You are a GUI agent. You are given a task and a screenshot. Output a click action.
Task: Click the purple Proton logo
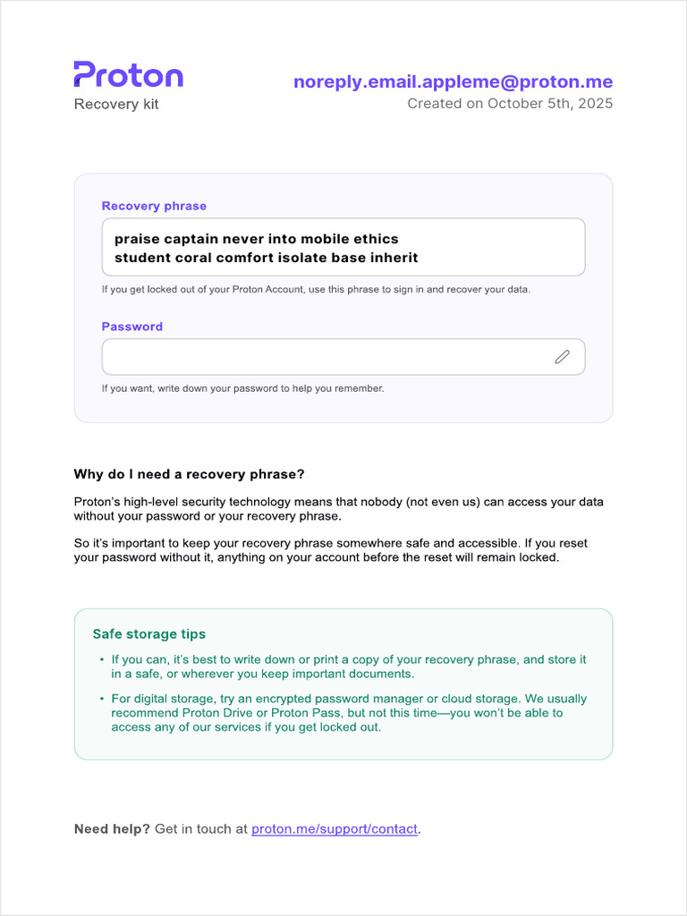(x=128, y=75)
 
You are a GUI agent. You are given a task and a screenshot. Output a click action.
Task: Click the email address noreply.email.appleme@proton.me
(x=453, y=82)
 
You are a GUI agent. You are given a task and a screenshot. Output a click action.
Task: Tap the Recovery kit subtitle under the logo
(x=116, y=105)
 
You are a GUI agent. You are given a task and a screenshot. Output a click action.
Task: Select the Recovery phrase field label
(x=154, y=206)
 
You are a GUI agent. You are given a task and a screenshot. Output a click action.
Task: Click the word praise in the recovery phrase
(x=135, y=239)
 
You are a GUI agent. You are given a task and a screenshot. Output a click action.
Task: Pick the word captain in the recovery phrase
(x=190, y=239)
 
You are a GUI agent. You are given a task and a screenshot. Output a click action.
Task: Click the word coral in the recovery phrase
(x=196, y=258)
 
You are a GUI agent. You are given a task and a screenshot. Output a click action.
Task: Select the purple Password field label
(x=132, y=327)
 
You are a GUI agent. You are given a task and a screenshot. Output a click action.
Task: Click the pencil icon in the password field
(x=562, y=357)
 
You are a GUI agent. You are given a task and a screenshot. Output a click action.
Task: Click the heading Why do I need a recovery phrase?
(x=190, y=474)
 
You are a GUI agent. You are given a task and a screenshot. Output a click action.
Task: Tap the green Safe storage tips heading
(x=149, y=634)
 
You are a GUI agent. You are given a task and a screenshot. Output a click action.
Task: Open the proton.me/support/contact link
(x=335, y=829)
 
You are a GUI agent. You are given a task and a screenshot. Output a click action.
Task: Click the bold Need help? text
(x=112, y=829)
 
